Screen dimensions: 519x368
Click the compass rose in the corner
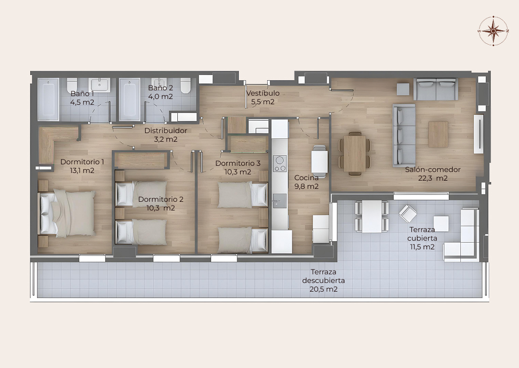tap(493, 31)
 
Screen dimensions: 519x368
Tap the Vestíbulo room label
tap(263, 93)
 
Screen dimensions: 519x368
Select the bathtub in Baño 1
tap(49, 99)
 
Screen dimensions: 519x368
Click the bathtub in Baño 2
tap(129, 99)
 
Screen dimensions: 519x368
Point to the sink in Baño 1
tap(99, 85)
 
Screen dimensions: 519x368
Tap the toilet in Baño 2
tap(185, 86)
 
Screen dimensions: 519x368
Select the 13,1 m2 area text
tap(82, 171)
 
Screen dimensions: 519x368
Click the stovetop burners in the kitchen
tap(280, 163)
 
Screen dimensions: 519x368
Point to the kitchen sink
tap(280, 200)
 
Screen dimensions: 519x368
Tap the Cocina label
tap(307, 178)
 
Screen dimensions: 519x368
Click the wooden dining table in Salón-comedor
tap(355, 154)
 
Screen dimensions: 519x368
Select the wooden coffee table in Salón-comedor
tap(438, 134)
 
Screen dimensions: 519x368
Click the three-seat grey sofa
tap(404, 135)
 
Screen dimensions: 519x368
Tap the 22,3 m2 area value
tap(433, 178)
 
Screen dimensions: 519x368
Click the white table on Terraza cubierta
tap(372, 217)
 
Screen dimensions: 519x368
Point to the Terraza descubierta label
tap(323, 276)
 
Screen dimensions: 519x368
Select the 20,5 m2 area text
tap(323, 289)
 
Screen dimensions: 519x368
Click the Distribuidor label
tap(166, 131)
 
